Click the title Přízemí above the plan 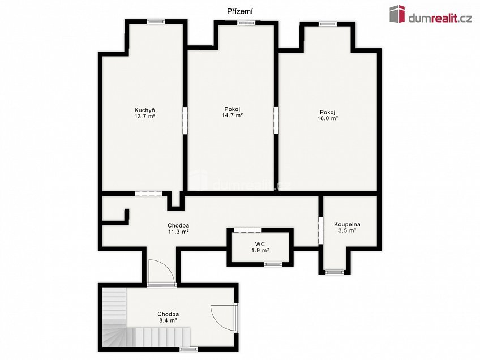(x=239, y=12)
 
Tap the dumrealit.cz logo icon (x=397, y=14)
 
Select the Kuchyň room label (x=144, y=110)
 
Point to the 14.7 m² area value (x=232, y=115)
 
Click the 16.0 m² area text (x=328, y=118)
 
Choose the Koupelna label (x=347, y=224)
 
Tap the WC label (x=260, y=244)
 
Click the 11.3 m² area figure (x=178, y=232)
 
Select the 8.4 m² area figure (x=168, y=320)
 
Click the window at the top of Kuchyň (x=156, y=22)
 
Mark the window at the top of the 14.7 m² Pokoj (x=246, y=23)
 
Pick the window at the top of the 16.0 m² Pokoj (x=328, y=24)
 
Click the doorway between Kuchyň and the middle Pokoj (x=185, y=121)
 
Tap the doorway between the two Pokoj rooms (x=276, y=121)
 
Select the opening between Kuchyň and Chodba (x=148, y=194)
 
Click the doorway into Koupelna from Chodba (x=320, y=230)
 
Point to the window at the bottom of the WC (x=273, y=264)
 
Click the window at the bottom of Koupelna (x=335, y=272)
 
